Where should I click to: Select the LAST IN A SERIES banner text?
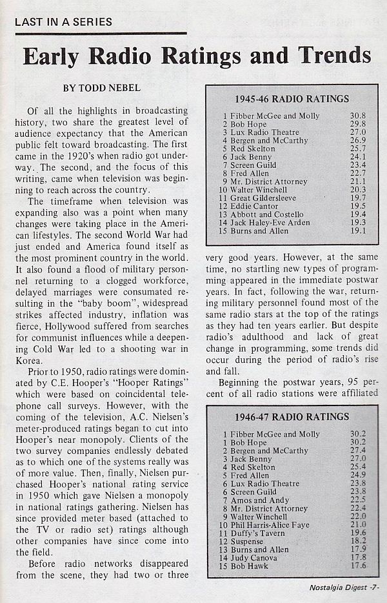click(x=63, y=22)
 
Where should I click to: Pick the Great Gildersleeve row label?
click(x=259, y=198)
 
